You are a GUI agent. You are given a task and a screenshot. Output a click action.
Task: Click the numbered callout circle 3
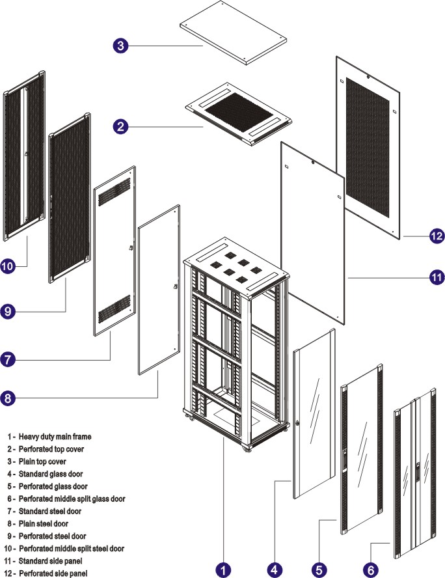pyautogui.click(x=120, y=46)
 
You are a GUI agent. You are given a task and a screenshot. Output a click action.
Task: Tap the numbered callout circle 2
pyautogui.click(x=120, y=126)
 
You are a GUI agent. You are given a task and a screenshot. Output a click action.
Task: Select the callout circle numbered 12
pyautogui.click(x=436, y=236)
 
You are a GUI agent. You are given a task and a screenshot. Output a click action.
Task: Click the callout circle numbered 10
pyautogui.click(x=8, y=267)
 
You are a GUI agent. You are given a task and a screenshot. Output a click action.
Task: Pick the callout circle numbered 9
pyautogui.click(x=8, y=312)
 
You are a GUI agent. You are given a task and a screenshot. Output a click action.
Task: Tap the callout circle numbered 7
pyautogui.click(x=8, y=359)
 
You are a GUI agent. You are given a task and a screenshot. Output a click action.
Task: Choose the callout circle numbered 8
pyautogui.click(x=8, y=398)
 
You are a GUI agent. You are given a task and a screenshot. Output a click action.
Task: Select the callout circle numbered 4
pyautogui.click(x=275, y=570)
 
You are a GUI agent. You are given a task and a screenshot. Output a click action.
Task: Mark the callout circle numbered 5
pyautogui.click(x=319, y=570)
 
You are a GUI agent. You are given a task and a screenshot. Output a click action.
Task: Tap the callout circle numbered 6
pyautogui.click(x=370, y=570)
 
